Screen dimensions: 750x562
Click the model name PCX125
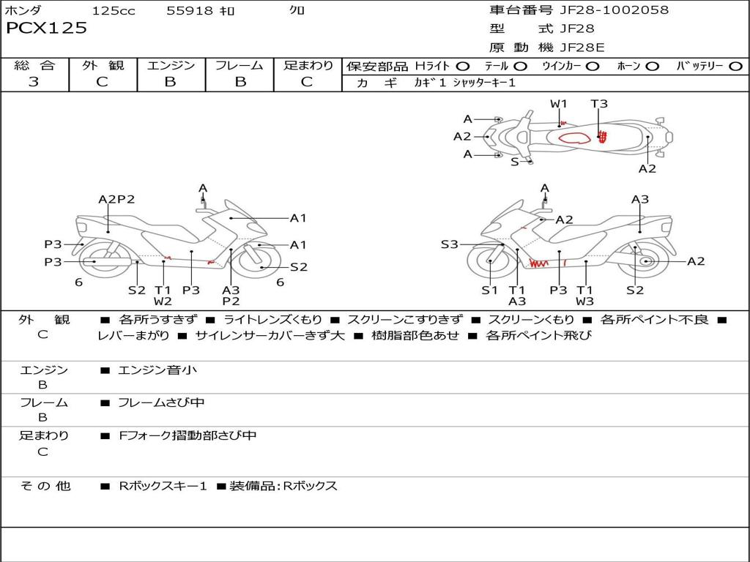click(x=47, y=29)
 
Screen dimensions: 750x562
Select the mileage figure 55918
click(x=190, y=10)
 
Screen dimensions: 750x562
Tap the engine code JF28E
click(x=582, y=48)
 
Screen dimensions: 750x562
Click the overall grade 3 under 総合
click(x=34, y=82)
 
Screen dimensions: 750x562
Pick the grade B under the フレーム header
click(x=240, y=82)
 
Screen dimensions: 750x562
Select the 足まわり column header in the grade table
click(x=308, y=66)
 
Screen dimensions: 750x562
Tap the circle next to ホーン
click(x=653, y=67)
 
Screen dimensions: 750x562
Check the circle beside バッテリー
click(x=735, y=67)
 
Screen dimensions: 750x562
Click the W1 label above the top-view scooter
click(x=560, y=103)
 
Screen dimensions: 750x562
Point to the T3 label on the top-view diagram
click(x=599, y=103)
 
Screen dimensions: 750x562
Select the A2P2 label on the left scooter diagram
click(x=116, y=199)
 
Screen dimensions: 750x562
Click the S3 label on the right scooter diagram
click(x=449, y=244)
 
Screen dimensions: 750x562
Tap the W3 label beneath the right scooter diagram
click(x=584, y=301)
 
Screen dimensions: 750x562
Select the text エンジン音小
click(x=157, y=370)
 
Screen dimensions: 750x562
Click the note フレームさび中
click(x=161, y=402)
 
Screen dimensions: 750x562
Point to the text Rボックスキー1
click(x=163, y=486)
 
